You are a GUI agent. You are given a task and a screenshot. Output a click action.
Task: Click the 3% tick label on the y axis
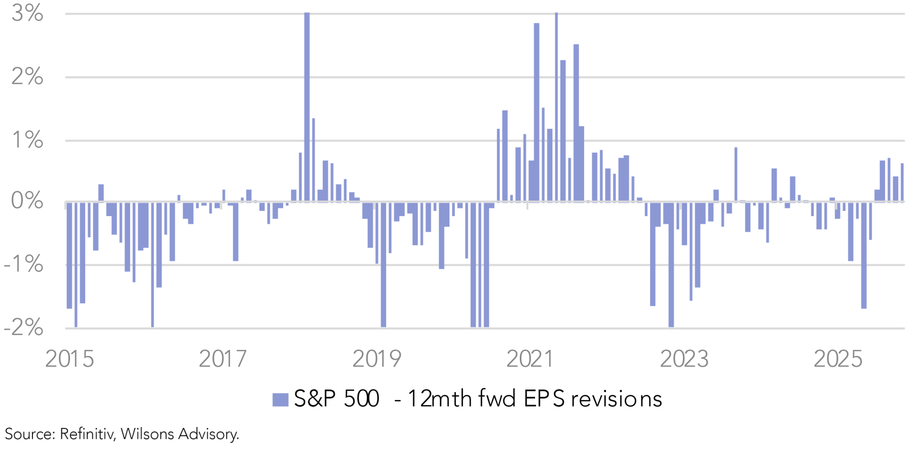(x=27, y=14)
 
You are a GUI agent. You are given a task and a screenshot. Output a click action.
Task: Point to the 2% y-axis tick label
(x=27, y=77)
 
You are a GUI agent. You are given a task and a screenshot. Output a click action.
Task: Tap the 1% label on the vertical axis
(x=27, y=140)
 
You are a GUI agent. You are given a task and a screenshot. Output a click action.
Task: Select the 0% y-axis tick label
(x=27, y=201)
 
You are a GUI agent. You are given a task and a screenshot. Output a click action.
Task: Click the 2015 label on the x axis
(x=70, y=359)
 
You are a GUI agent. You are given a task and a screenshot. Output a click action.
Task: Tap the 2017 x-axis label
(x=223, y=359)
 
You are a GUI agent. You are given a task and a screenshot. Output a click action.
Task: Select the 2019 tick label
(x=376, y=359)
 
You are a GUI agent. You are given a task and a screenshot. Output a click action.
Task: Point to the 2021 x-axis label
(x=530, y=359)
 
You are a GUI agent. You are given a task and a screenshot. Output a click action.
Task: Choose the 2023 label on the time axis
(x=684, y=359)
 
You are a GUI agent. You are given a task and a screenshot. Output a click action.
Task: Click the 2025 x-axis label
(x=838, y=359)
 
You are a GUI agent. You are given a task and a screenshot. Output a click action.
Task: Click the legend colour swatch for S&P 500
(x=280, y=400)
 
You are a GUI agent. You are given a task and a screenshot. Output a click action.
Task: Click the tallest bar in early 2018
(x=307, y=107)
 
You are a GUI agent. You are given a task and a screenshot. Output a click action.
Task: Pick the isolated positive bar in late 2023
(x=736, y=174)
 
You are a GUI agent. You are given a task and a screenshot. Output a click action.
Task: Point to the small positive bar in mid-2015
(x=101, y=193)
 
